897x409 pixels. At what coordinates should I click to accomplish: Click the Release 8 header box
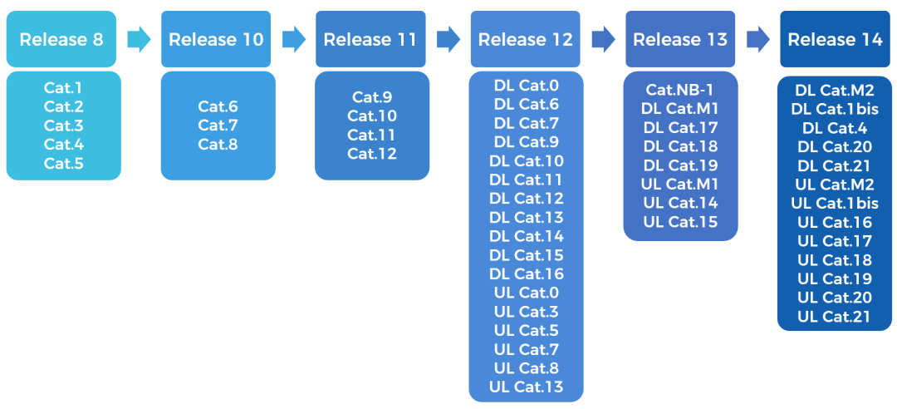[61, 39]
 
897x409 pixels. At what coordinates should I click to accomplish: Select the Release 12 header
[525, 39]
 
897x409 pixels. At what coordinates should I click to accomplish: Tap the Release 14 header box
[835, 39]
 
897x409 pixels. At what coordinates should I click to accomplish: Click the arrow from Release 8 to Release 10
[139, 40]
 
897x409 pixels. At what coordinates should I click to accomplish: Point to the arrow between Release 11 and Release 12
[448, 40]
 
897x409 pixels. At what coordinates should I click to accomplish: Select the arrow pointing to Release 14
[757, 40]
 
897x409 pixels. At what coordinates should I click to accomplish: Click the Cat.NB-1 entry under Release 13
[680, 90]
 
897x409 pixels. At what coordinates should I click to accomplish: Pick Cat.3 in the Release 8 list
[63, 126]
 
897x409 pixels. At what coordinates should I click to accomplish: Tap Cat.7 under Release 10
[218, 126]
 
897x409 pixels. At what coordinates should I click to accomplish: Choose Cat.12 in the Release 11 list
[372, 154]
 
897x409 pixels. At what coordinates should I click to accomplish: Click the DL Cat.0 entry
[527, 86]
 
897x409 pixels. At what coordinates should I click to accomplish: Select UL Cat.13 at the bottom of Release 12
[527, 387]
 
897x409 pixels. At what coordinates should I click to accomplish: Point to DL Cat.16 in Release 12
[527, 273]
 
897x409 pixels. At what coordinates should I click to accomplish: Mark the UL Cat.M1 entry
[680, 185]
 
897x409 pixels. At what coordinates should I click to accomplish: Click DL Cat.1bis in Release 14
[835, 109]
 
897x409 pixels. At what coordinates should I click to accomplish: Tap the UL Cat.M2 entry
[835, 185]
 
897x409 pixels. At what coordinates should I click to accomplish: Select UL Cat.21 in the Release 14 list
[835, 316]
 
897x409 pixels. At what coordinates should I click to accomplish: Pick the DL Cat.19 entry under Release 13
[680, 165]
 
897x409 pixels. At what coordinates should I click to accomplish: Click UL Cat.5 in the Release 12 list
[527, 331]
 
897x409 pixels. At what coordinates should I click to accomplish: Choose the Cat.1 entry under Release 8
[63, 88]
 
